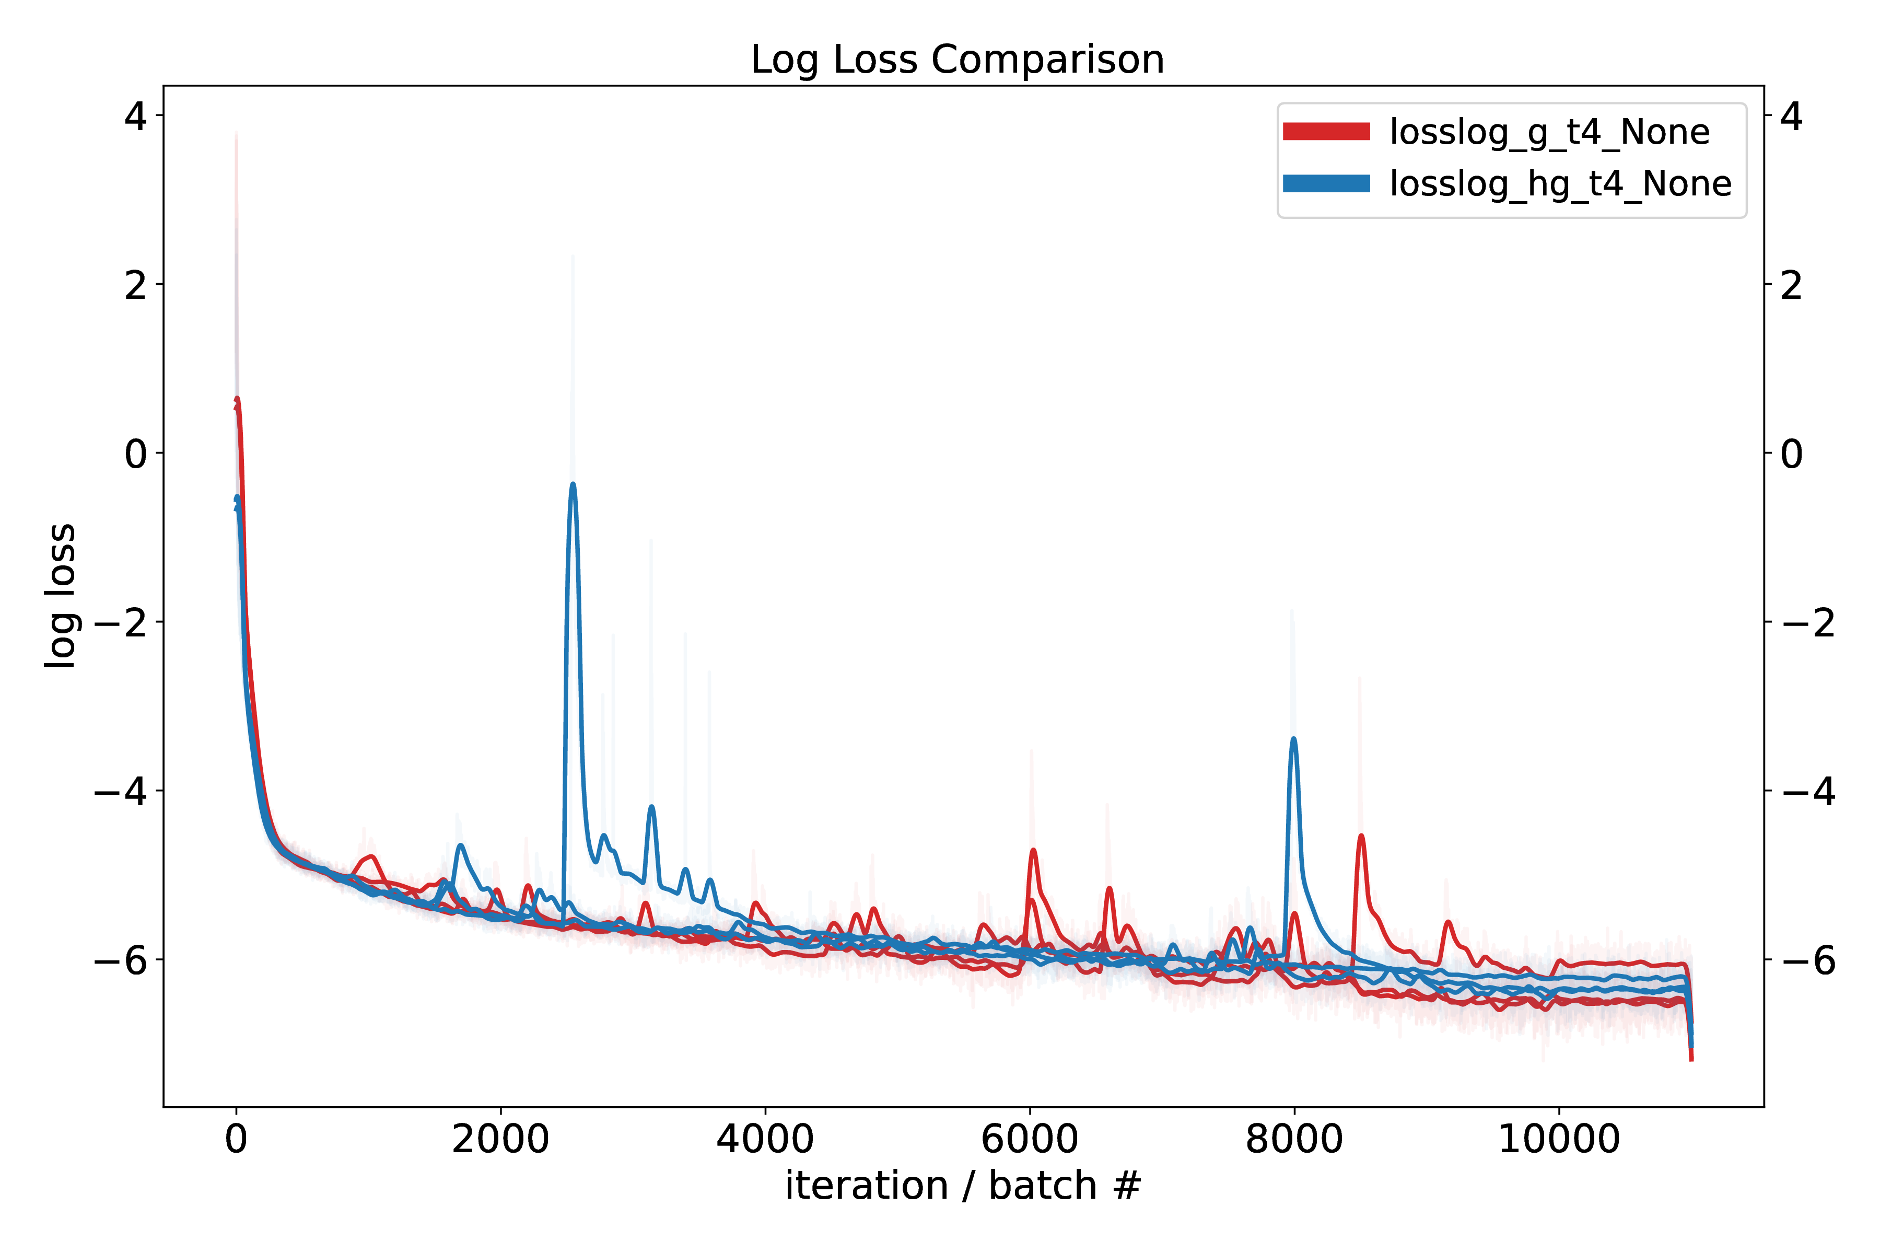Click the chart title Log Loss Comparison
tap(957, 60)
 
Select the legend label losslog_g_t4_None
tap(1549, 132)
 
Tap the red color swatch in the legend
tap(1325, 132)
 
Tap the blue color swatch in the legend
tap(1325, 183)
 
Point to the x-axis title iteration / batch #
tap(962, 1185)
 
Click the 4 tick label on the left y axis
tap(136, 117)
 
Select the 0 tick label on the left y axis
tap(136, 454)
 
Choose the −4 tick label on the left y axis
tap(121, 791)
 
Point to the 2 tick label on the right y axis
tap(1791, 285)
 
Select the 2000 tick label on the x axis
tap(500, 1139)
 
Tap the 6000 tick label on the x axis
tap(1030, 1139)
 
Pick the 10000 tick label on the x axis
tap(1558, 1139)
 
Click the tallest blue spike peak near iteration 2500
tap(573, 484)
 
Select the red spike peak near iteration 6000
tap(1033, 850)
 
